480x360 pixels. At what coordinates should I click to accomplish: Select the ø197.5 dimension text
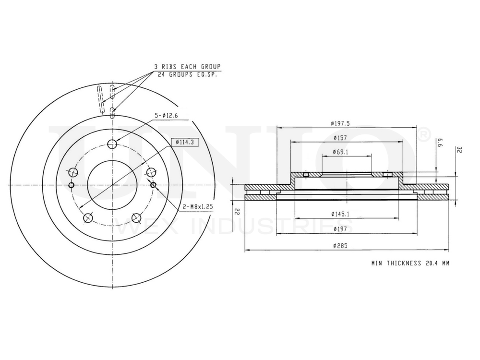pyautogui.click(x=340, y=123)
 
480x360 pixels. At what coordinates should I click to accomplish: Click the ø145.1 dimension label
pyautogui.click(x=340, y=214)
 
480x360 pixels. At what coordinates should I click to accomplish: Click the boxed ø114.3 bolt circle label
pyautogui.click(x=184, y=142)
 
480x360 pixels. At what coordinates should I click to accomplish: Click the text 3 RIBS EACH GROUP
pyautogui.click(x=187, y=66)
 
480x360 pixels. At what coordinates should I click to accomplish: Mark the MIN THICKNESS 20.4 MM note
pyautogui.click(x=410, y=263)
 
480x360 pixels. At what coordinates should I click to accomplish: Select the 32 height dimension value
pyautogui.click(x=459, y=150)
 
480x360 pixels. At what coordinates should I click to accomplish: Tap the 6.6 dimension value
pyautogui.click(x=439, y=143)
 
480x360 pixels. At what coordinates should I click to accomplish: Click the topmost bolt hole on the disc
pyautogui.click(x=112, y=144)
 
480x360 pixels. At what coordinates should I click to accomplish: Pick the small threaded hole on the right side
pyautogui.click(x=153, y=185)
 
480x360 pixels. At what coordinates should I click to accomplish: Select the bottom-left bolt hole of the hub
pyautogui.click(x=88, y=218)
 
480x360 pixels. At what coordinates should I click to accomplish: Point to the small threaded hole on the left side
pyautogui.click(x=72, y=185)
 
